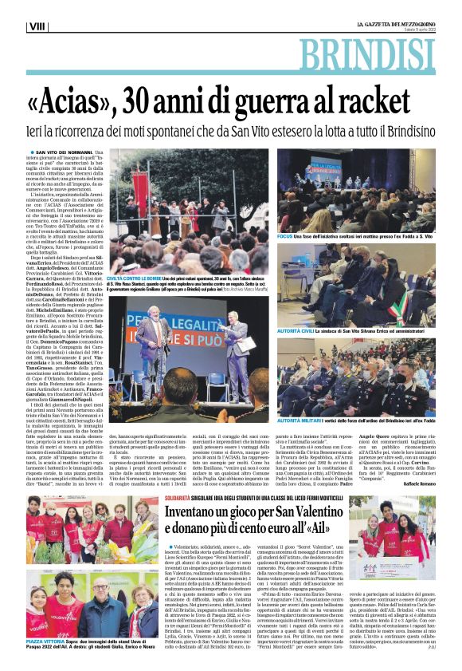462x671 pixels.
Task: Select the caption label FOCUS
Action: (x=284, y=237)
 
